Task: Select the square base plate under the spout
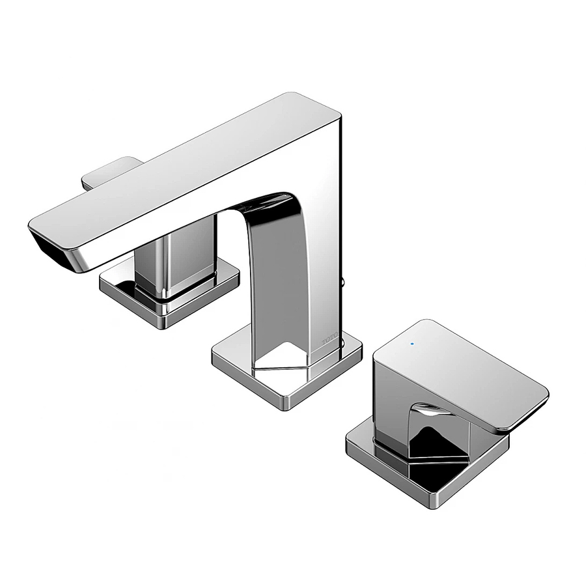286,368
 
